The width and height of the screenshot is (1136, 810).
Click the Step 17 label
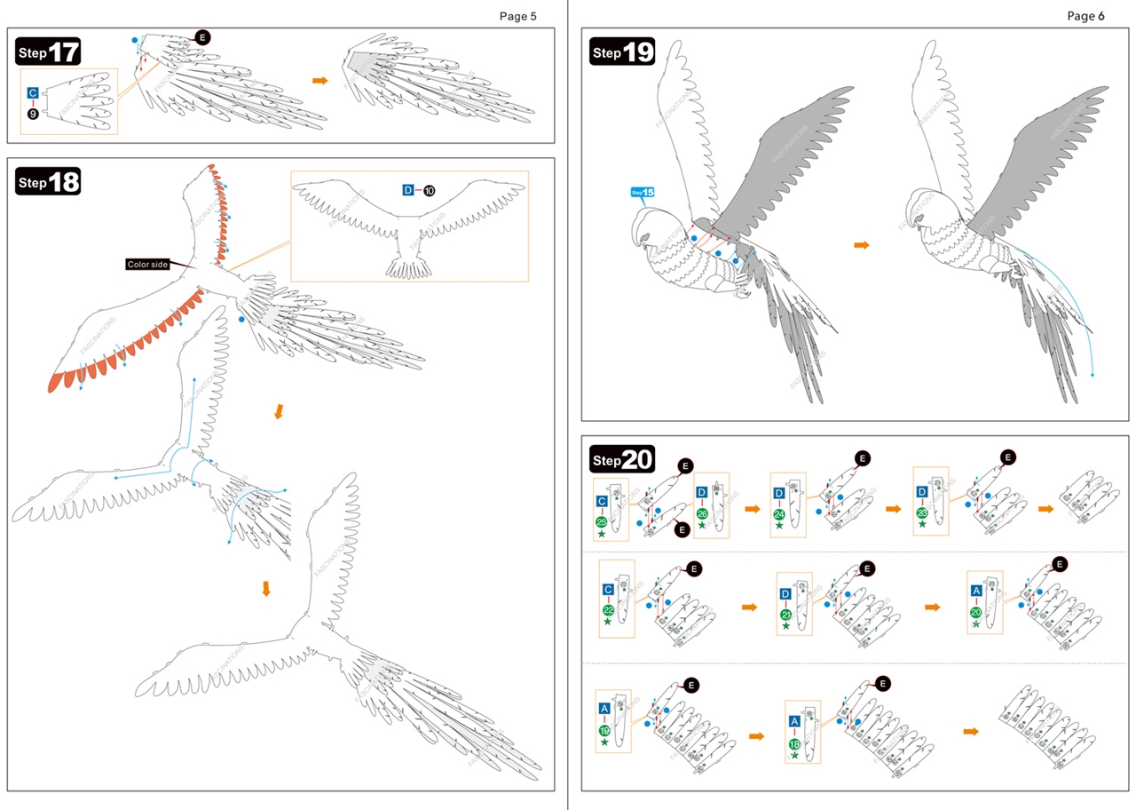tap(49, 52)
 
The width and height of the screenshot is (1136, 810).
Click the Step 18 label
tap(49, 182)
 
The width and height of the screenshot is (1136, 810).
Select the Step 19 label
tap(622, 52)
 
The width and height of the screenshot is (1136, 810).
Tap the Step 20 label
tap(622, 460)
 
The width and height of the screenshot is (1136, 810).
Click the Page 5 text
tap(517, 16)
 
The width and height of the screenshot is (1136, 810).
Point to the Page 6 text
tap(1085, 16)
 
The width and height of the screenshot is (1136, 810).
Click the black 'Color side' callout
tap(147, 264)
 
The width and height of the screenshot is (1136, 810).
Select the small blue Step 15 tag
tap(643, 192)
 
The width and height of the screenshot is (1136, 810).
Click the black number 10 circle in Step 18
tap(430, 190)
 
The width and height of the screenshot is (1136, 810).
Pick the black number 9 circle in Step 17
tap(33, 114)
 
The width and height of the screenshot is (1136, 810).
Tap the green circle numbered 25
tap(602, 522)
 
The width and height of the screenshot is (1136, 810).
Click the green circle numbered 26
tap(702, 513)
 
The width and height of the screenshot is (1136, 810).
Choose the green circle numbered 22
tap(608, 610)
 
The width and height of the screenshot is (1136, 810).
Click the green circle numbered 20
tap(976, 612)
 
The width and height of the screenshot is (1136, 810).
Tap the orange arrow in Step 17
tap(319, 81)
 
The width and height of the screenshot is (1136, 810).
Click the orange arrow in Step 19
tap(861, 244)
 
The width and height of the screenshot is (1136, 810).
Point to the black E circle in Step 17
tap(203, 37)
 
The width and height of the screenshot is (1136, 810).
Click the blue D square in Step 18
tap(408, 190)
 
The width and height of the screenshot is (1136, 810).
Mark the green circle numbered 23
tap(922, 512)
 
